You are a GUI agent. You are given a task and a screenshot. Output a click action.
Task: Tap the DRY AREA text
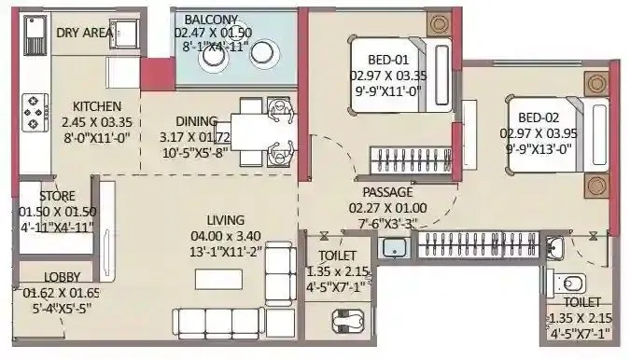85,33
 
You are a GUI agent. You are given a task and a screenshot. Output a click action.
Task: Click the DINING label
196,120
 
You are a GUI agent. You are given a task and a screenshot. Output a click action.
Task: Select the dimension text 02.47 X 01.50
213,33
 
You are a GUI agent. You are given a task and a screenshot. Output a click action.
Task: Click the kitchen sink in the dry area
126,35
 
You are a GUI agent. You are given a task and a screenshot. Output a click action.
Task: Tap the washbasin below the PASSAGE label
393,247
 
